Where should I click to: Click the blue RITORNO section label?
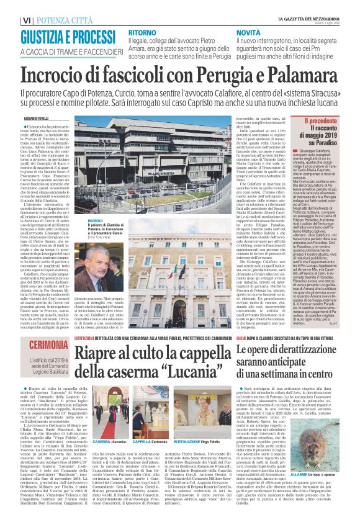point(143,32)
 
